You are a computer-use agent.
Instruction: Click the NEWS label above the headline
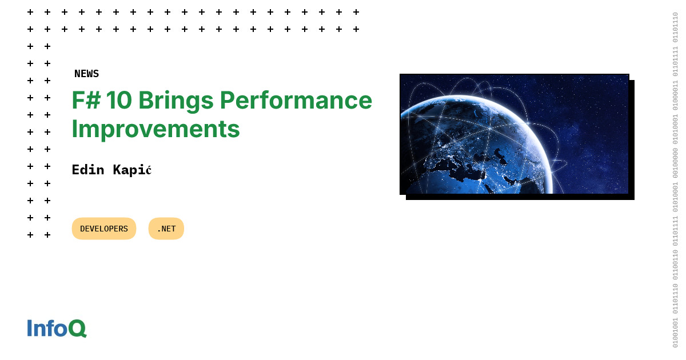tap(86, 74)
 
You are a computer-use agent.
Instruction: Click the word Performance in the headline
tap(296, 100)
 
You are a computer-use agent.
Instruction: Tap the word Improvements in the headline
tap(155, 129)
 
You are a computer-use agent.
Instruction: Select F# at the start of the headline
tap(86, 100)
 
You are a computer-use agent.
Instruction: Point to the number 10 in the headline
tap(119, 100)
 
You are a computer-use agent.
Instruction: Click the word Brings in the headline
tap(176, 100)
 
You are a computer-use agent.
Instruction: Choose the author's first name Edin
tap(88, 170)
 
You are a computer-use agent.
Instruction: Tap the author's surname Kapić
tap(132, 170)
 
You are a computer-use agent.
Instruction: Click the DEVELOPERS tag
tap(104, 229)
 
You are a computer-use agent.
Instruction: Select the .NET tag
tap(166, 229)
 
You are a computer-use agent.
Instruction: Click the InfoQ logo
tap(57, 328)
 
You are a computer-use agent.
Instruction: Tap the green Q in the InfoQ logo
tap(77, 329)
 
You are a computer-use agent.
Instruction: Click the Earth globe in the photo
tap(474, 149)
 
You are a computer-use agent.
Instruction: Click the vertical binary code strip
tap(675, 180)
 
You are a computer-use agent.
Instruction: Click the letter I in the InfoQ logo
tap(30, 328)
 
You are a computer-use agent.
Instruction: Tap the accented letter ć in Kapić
tap(148, 170)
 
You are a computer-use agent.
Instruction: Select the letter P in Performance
tap(228, 100)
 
